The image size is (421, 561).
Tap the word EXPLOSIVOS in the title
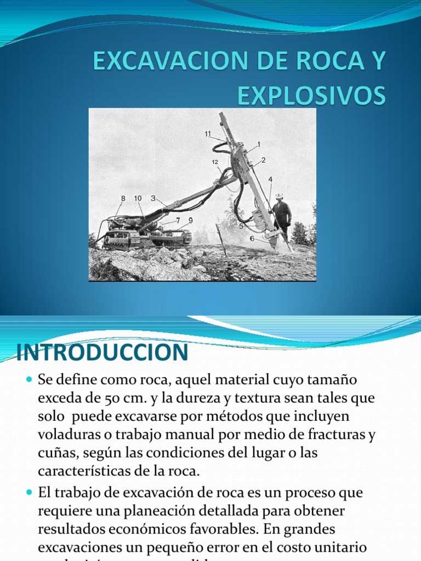pos(311,96)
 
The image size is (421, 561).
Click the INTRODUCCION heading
pos(103,353)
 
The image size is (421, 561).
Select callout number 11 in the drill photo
pos(208,133)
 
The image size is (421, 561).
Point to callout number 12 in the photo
pos(215,162)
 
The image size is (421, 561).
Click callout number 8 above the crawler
pos(123,198)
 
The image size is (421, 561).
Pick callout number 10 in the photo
pos(138,198)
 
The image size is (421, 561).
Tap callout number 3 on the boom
pos(153,198)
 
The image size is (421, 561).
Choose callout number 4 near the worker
pos(270,179)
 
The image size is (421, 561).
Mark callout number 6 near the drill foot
pos(251,238)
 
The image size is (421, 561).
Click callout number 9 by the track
pos(190,220)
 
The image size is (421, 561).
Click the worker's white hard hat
pos(279,196)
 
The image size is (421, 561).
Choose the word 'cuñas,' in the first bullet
pos(55,453)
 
